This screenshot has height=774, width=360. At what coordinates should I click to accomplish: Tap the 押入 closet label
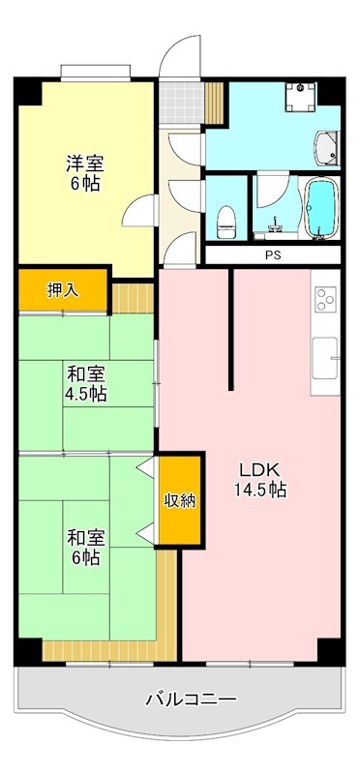[64, 289]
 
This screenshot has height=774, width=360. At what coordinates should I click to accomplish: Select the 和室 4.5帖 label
[85, 383]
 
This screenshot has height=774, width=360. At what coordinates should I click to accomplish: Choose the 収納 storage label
[179, 500]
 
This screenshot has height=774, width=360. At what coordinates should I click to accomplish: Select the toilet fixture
[226, 218]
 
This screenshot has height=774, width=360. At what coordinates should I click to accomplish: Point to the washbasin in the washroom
[328, 147]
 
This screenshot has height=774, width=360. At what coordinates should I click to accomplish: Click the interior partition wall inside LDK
[230, 329]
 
